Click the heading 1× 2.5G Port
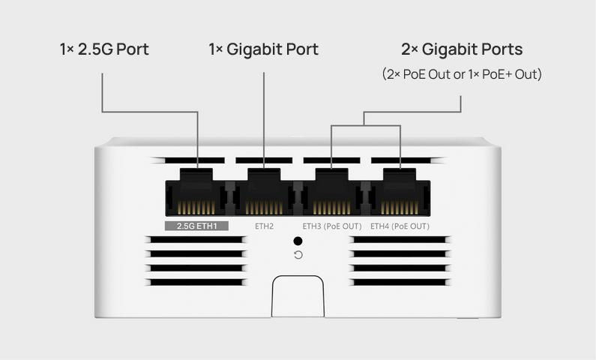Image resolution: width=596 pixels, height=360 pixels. pos(104,49)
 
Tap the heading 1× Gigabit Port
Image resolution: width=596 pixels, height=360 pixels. pos(263,49)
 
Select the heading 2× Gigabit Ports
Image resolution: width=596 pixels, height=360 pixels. pos(462,49)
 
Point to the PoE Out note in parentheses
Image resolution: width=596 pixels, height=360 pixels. pos(462,73)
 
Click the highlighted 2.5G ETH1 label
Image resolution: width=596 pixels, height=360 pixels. pos(196,226)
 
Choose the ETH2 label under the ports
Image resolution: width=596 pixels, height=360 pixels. pos(264,226)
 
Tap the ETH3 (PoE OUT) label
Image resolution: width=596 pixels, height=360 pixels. pos(332,226)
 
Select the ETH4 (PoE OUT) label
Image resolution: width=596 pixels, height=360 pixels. pos(400,226)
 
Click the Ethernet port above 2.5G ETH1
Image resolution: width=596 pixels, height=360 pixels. pos(196,193)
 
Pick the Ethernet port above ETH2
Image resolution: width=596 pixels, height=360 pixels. pos(264,193)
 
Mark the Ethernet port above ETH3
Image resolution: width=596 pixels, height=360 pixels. pos(332,193)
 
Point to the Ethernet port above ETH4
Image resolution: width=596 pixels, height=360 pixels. pos(400,193)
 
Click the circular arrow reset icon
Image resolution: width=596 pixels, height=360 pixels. pos(298,255)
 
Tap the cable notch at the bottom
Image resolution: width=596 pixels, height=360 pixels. pos(298,296)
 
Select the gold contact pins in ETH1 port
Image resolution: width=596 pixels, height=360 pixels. pos(196,208)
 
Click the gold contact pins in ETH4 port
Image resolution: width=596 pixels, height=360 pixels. pos(400,208)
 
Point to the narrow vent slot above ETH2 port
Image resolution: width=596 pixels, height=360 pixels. pos(264,160)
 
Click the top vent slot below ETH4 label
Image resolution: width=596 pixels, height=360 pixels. pos(400,239)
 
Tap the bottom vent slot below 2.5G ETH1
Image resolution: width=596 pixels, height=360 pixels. pos(196,283)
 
